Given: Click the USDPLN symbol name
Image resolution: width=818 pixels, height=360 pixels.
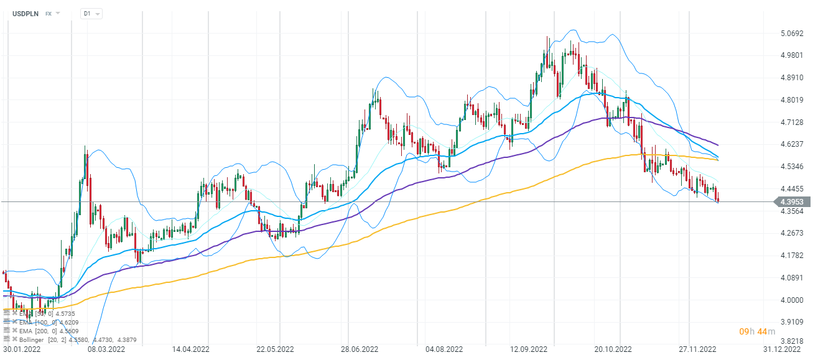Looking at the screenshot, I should click(x=26, y=13).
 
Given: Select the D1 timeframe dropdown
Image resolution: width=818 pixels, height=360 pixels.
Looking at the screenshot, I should click(x=91, y=13).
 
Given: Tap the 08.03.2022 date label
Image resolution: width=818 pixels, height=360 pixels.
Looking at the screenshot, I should click(x=106, y=351).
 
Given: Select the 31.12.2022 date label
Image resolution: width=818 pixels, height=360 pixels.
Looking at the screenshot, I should click(x=783, y=351).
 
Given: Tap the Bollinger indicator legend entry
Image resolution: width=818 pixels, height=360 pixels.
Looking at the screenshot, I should click(x=50, y=339).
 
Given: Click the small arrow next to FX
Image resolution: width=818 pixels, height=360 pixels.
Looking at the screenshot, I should click(x=58, y=13).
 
